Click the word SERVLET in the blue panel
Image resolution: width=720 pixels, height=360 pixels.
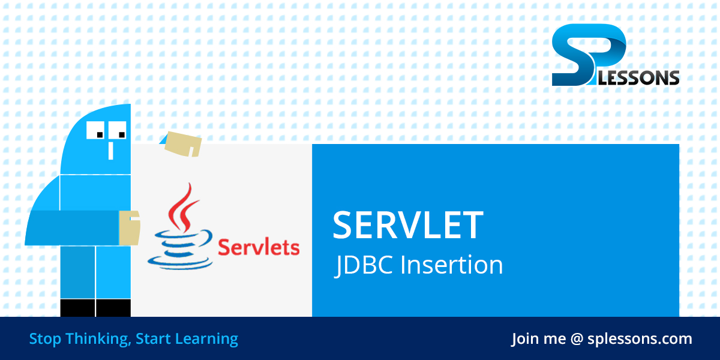tap(408, 225)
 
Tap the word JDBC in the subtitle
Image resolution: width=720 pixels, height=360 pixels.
tap(364, 265)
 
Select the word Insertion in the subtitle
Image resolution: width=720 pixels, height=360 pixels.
tap(452, 265)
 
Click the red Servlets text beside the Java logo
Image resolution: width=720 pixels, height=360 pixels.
tap(259, 247)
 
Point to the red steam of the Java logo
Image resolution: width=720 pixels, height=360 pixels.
tap(183, 208)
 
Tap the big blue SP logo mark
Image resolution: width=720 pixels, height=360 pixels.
tap(589, 55)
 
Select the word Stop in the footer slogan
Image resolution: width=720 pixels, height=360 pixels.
tap(45, 339)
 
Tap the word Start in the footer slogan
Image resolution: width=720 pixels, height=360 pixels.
tap(153, 339)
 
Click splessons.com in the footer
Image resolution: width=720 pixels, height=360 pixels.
tap(640, 339)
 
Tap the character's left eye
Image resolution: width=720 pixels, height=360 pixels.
tap(95, 130)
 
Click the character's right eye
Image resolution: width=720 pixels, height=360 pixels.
tap(118, 130)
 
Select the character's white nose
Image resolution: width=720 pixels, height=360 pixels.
tap(111, 151)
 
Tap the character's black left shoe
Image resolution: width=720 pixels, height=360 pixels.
tap(77, 308)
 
